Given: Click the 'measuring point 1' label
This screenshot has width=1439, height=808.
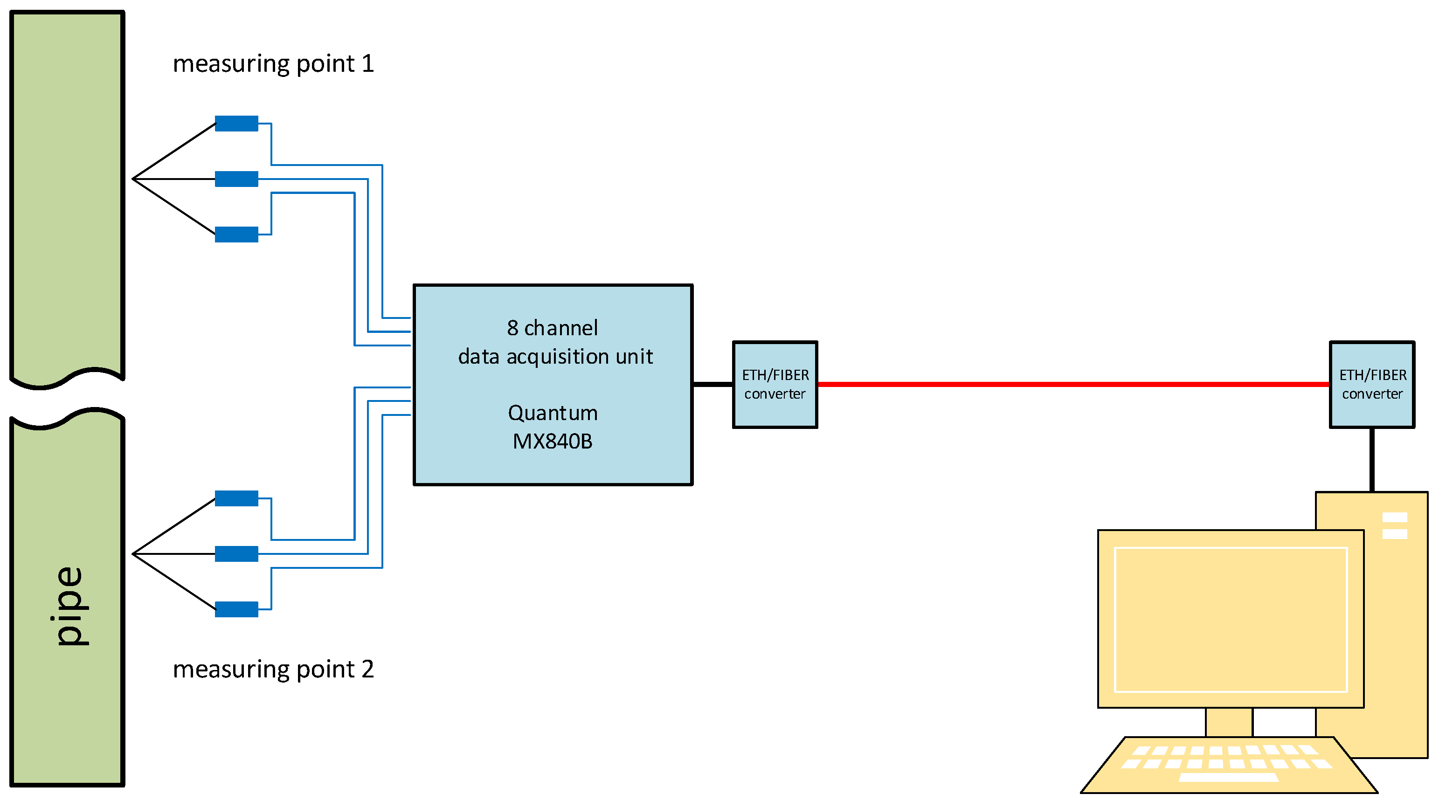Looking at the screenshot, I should (273, 64).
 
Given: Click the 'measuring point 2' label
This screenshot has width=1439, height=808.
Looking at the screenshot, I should (273, 669).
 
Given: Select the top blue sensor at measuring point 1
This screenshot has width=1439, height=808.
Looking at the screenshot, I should (236, 124).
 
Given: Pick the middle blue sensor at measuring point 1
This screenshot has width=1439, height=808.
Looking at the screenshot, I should (236, 179).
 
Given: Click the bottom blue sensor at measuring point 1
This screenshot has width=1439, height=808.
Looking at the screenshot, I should (236, 235).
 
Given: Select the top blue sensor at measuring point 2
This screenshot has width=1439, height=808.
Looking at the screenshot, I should (236, 498).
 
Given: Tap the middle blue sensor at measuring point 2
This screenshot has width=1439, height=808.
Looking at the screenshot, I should (236, 554).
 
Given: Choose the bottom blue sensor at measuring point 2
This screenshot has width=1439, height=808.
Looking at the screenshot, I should (236, 609).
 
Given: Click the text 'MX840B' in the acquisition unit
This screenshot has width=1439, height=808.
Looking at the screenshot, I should (553, 442).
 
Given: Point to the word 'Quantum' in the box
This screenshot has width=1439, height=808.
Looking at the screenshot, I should (553, 413).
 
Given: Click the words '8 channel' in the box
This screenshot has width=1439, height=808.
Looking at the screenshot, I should (553, 328).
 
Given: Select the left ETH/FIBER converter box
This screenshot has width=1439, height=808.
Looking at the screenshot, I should (775, 385).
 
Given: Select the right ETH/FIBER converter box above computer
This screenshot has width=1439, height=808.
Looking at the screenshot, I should (1371, 385).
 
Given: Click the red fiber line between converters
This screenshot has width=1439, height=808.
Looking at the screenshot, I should (1072, 384).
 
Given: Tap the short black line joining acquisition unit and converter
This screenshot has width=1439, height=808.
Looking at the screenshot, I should (713, 384).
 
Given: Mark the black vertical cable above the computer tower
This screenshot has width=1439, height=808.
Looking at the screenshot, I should (1371, 460).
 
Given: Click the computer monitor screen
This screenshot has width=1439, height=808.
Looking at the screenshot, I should (1231, 620).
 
